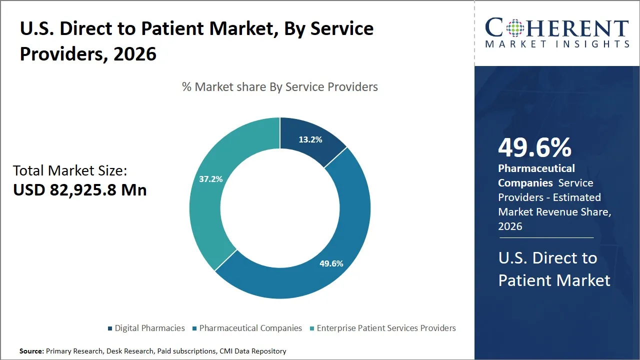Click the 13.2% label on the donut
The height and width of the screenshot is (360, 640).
point(310,140)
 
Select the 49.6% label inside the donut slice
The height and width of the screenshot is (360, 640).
point(331,263)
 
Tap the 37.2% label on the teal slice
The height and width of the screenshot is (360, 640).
point(210,179)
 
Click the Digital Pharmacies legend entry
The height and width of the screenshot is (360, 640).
point(149,328)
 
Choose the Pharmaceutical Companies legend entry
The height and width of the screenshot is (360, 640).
point(250,328)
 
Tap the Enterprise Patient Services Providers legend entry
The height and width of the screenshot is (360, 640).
point(386,328)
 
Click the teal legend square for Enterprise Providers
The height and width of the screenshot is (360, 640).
point(312,328)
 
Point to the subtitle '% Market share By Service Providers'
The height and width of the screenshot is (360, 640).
point(279,87)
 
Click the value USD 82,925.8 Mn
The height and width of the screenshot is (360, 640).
point(80,190)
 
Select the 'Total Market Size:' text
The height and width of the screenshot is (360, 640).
point(70,170)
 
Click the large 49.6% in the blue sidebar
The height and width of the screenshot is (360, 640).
point(534,147)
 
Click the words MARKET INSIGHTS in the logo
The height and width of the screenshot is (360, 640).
point(557,44)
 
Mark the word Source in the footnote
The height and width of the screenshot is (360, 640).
point(31,351)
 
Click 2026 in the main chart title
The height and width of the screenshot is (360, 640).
point(134,54)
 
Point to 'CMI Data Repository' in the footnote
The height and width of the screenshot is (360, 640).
point(252,351)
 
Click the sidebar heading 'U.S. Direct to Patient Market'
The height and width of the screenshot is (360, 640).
point(554,269)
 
